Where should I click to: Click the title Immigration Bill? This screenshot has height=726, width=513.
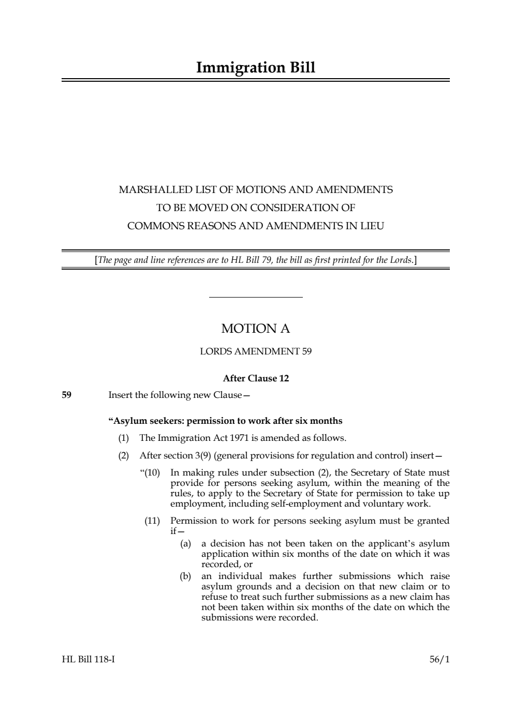click(256, 68)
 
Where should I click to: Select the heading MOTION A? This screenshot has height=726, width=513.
click(256, 329)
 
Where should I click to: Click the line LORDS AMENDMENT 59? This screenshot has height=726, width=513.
click(256, 352)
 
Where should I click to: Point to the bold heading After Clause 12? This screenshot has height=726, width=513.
click(256, 378)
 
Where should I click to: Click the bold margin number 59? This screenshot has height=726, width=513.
click(67, 395)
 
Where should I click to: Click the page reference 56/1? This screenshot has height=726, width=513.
click(439, 659)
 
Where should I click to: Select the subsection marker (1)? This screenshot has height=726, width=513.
click(124, 438)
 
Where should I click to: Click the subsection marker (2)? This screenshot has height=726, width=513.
click(124, 456)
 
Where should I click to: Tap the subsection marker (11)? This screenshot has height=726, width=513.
click(152, 521)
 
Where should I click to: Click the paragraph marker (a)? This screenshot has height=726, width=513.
click(185, 544)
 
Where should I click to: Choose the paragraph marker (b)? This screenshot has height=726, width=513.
click(185, 576)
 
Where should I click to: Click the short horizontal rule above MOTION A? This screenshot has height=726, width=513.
click(256, 297)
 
